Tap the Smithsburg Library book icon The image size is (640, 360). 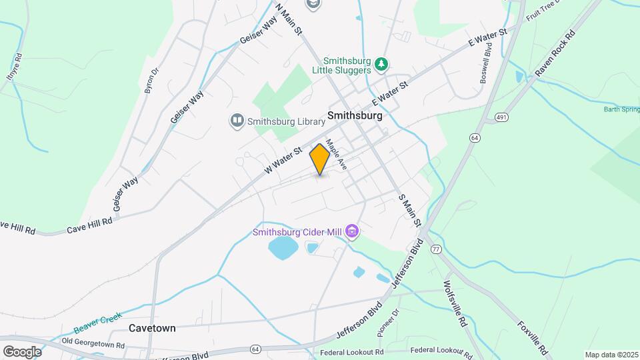[237, 121]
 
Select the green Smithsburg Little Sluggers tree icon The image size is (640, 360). [381, 64]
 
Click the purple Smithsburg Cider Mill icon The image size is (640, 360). [352, 232]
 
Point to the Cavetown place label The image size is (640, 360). [153, 328]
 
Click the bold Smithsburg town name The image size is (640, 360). [355, 115]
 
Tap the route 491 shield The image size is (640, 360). [501, 118]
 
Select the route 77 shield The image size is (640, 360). [436, 249]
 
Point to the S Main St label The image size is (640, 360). [410, 210]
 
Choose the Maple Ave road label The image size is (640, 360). [336, 155]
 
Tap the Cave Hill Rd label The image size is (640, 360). [89, 225]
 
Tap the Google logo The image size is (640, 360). [22, 351]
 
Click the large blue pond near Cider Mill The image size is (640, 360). [283, 249]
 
